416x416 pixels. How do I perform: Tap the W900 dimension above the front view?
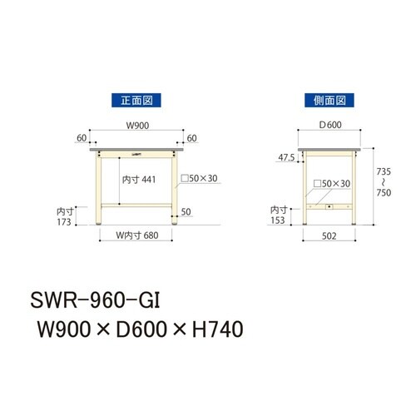(x=136, y=126)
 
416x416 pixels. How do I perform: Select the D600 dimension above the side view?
(x=329, y=126)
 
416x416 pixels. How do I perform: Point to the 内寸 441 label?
(x=138, y=178)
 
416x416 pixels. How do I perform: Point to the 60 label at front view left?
(x=81, y=138)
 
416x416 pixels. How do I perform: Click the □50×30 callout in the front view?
(x=198, y=179)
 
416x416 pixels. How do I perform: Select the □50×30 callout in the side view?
(x=333, y=183)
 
